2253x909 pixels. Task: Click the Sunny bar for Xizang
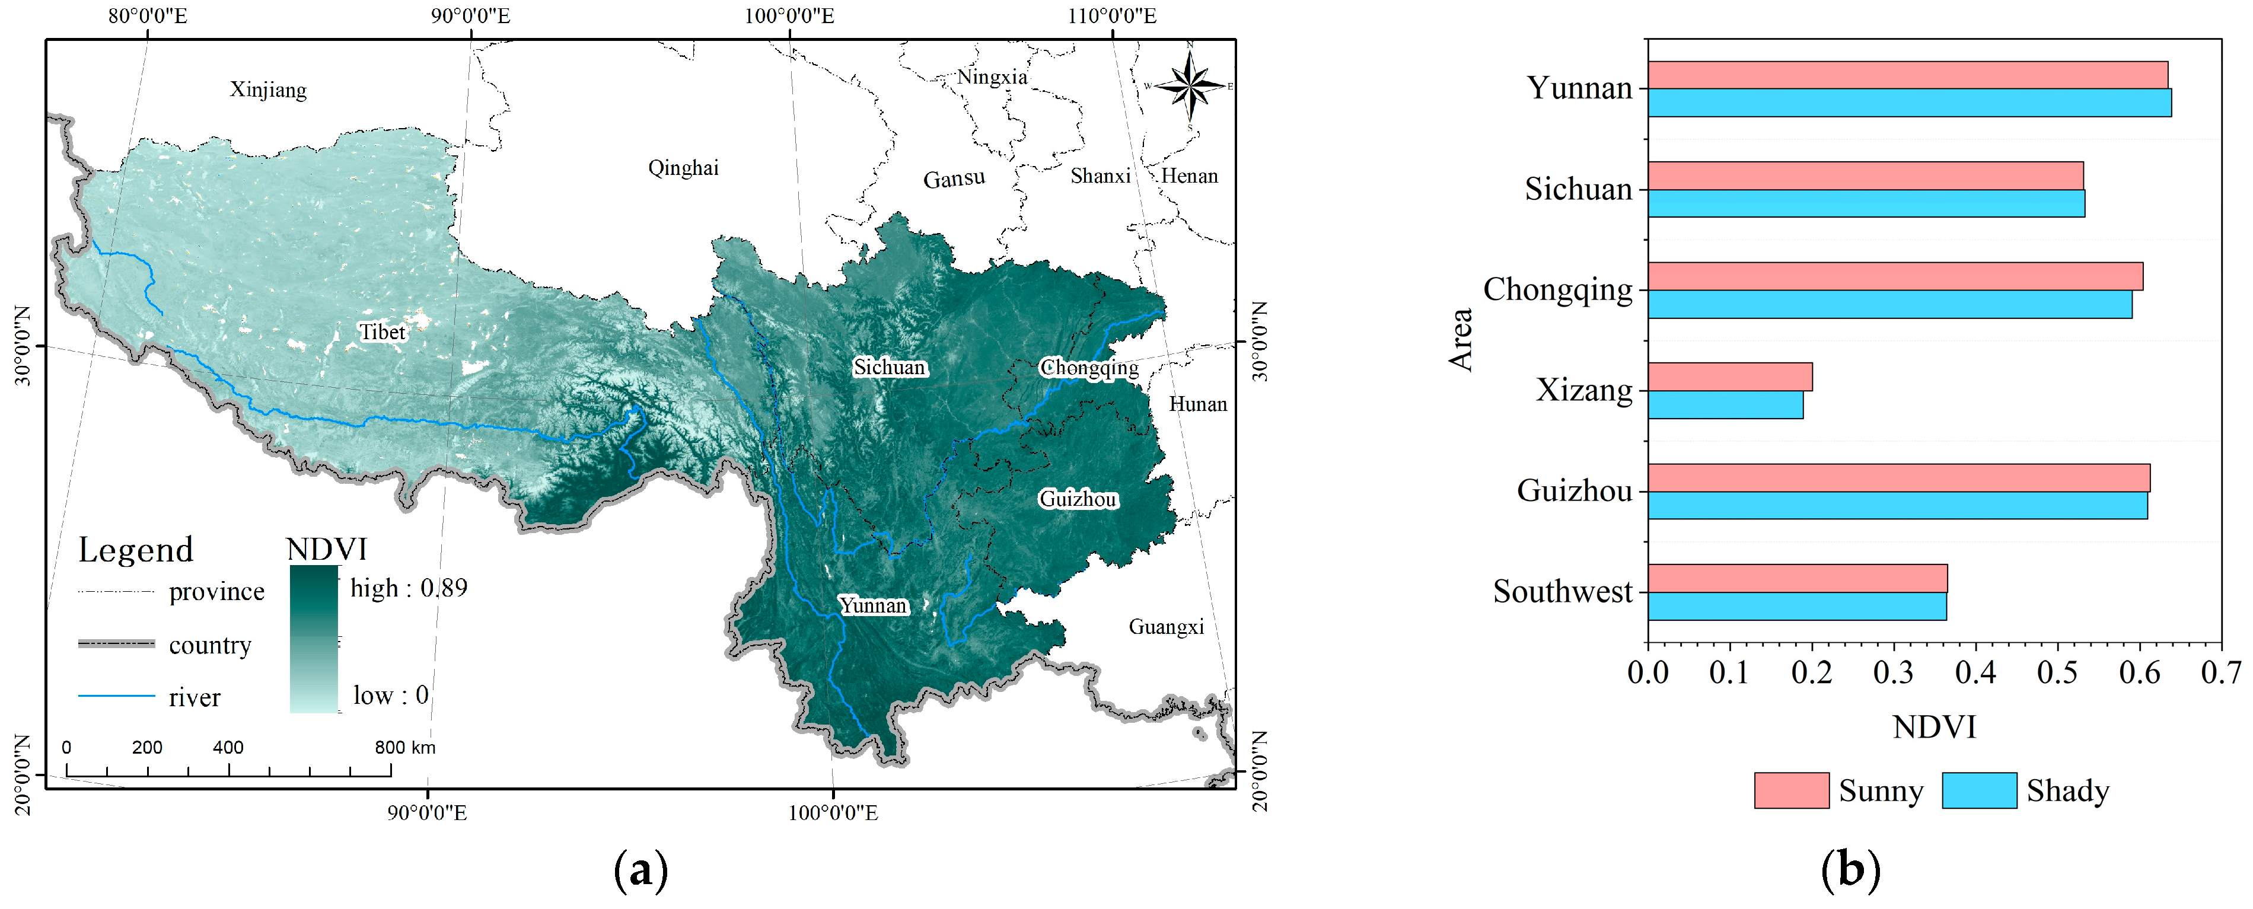(x=1729, y=377)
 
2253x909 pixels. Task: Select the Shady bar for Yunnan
(x=1908, y=103)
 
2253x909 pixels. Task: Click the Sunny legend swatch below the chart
(x=1790, y=790)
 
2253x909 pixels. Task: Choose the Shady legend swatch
(x=1978, y=790)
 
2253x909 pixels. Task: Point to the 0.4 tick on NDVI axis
(x=1975, y=672)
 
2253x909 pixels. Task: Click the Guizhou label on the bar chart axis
(x=1575, y=491)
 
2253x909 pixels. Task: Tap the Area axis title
(x=1461, y=339)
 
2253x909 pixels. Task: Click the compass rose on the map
(x=1190, y=86)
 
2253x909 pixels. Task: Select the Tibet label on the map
(x=382, y=331)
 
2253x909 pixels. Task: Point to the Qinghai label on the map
(x=683, y=167)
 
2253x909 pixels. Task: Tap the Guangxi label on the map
(x=1166, y=626)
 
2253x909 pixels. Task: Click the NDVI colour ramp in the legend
(x=313, y=639)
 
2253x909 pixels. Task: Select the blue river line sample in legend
(x=116, y=696)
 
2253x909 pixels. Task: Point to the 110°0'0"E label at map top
(x=1111, y=16)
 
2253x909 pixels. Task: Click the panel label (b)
(x=1850, y=870)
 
